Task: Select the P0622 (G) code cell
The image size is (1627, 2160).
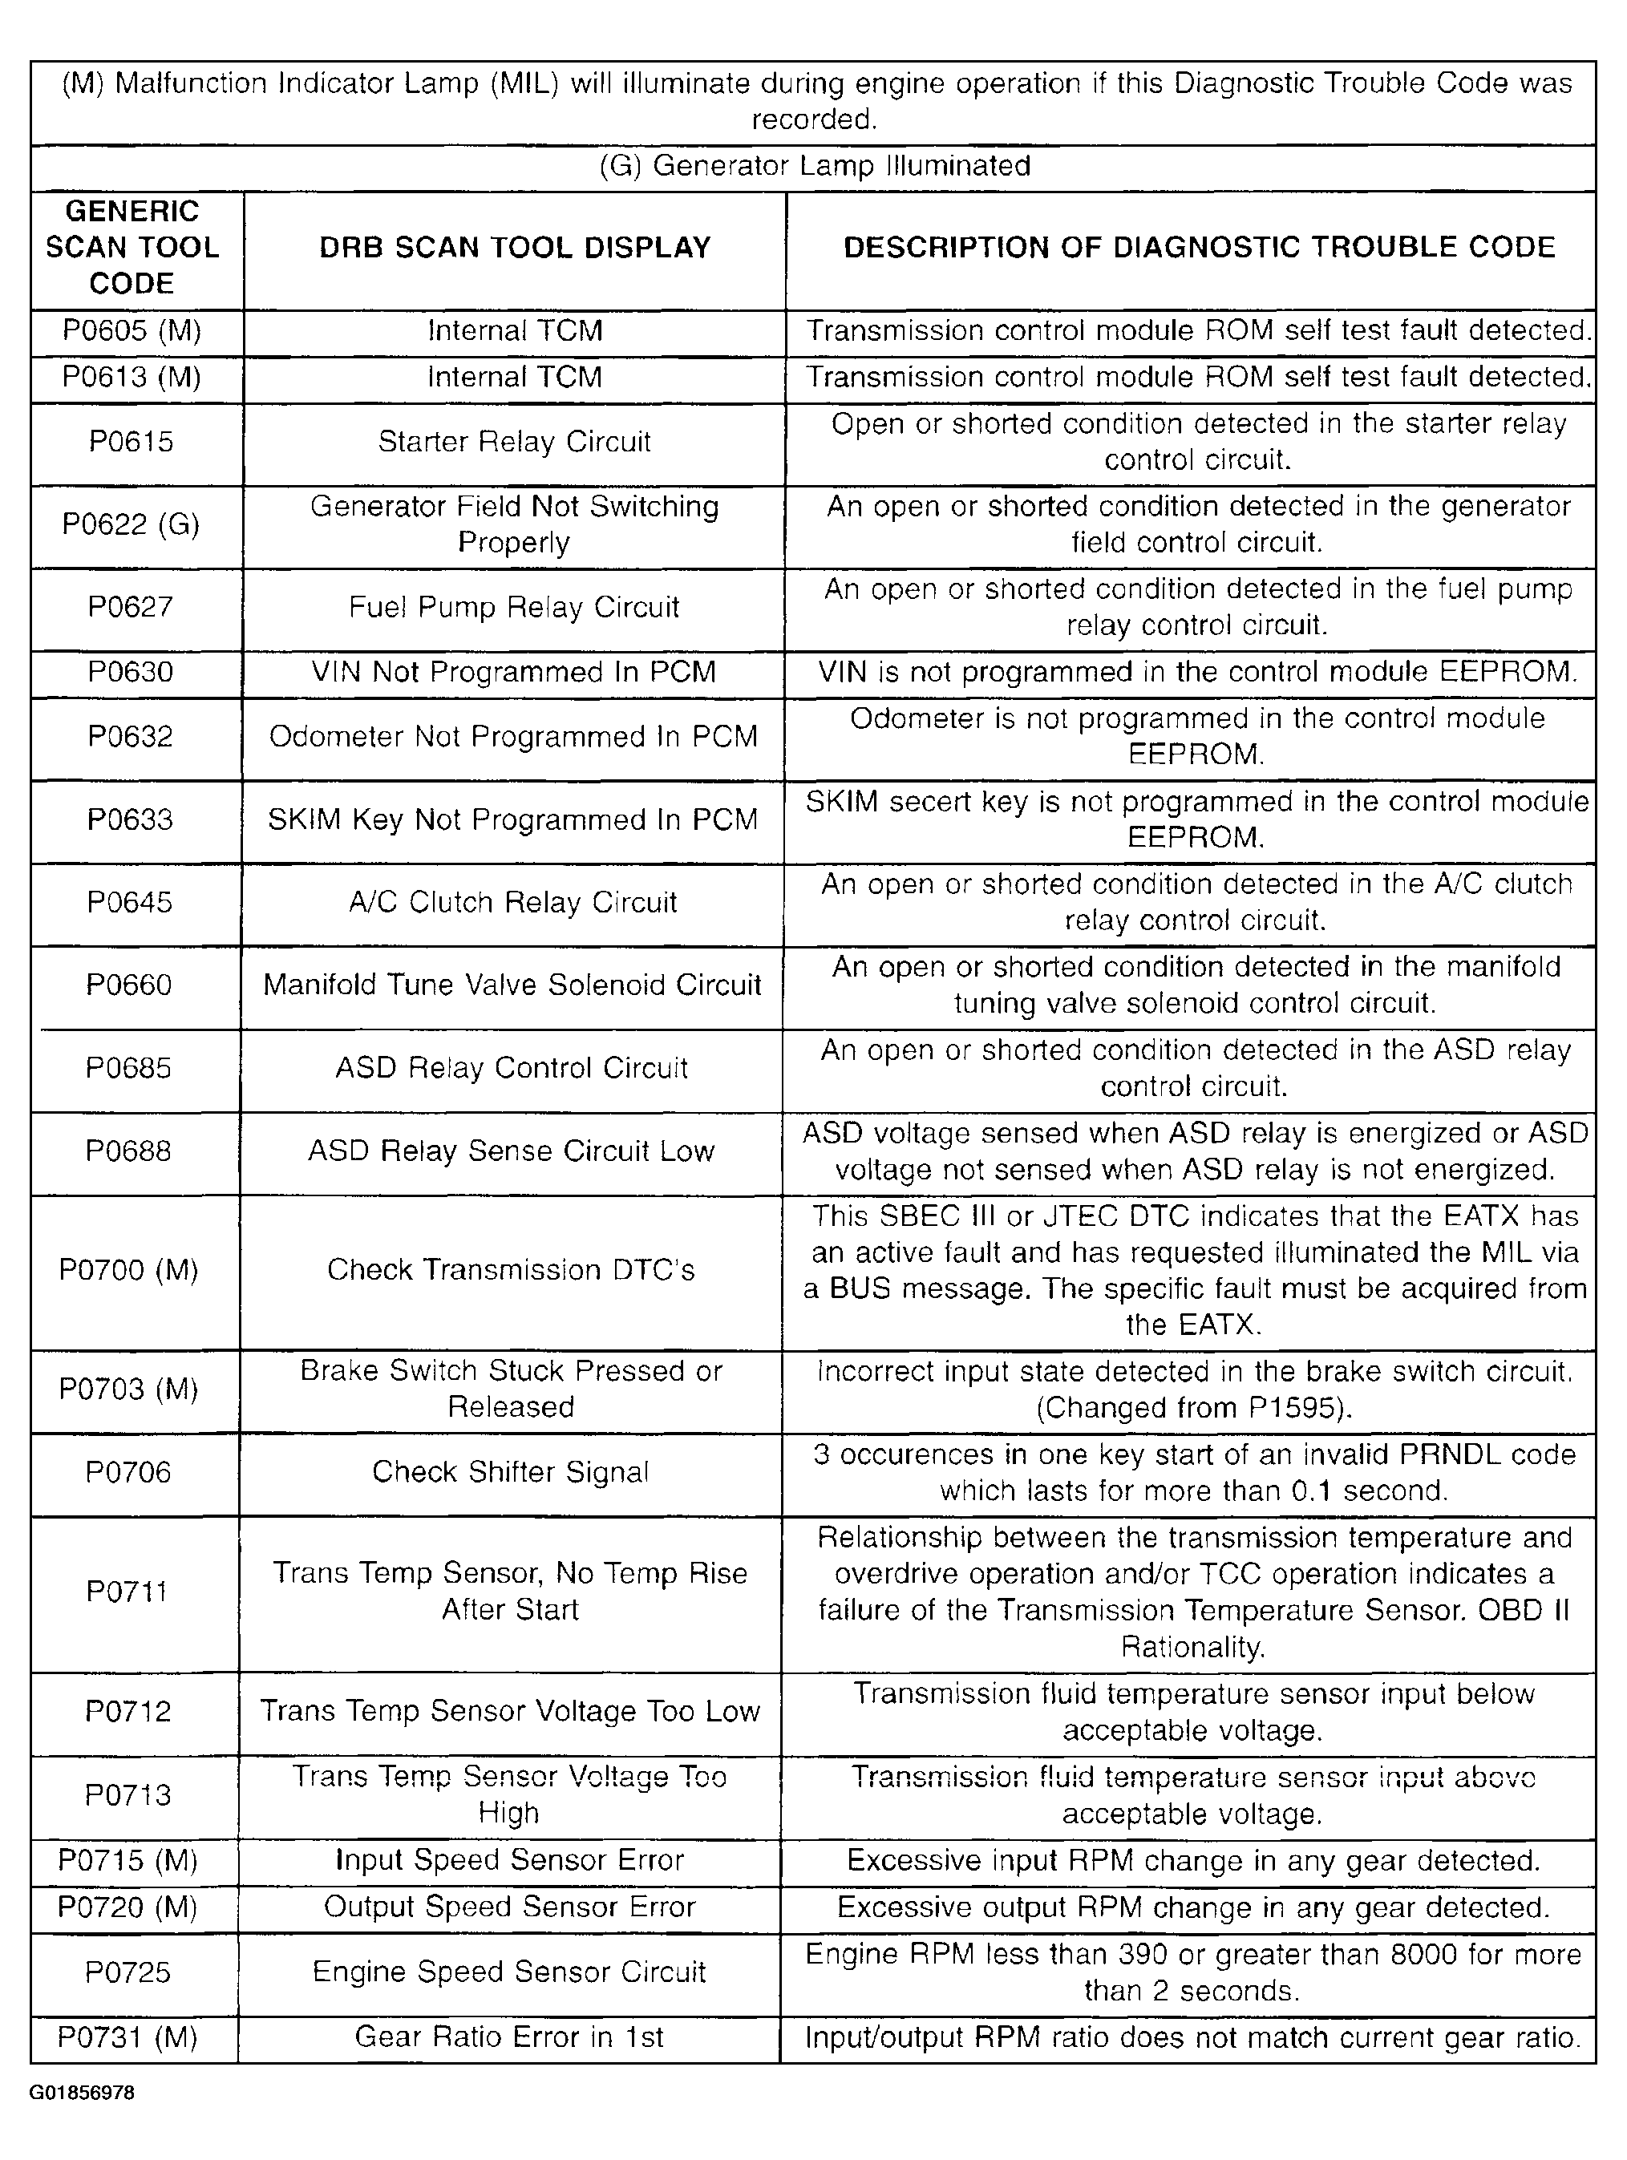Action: [x=131, y=525]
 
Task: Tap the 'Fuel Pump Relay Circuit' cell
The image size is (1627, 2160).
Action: [x=514, y=608]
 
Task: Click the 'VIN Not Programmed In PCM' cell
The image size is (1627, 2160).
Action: [x=514, y=673]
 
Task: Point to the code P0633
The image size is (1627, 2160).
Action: [x=130, y=819]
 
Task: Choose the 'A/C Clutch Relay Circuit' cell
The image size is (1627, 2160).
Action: [x=512, y=902]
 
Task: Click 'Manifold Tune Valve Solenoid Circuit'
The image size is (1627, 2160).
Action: [x=512, y=985]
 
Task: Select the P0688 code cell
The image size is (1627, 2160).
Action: [x=128, y=1151]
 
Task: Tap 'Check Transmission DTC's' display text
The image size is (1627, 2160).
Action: [x=511, y=1270]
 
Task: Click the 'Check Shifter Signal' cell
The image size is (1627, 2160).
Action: [x=510, y=1473]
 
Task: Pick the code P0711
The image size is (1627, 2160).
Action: [x=127, y=1592]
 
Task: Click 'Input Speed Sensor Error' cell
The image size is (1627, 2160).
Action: [x=510, y=1860]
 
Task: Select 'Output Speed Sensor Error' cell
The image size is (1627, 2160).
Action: [x=510, y=1907]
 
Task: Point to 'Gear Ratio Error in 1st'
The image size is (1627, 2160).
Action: [x=509, y=2037]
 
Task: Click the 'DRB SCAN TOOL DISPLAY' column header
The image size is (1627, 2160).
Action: [x=515, y=248]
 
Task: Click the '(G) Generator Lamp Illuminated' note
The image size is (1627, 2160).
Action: [x=815, y=166]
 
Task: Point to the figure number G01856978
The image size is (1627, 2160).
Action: [x=81, y=2093]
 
